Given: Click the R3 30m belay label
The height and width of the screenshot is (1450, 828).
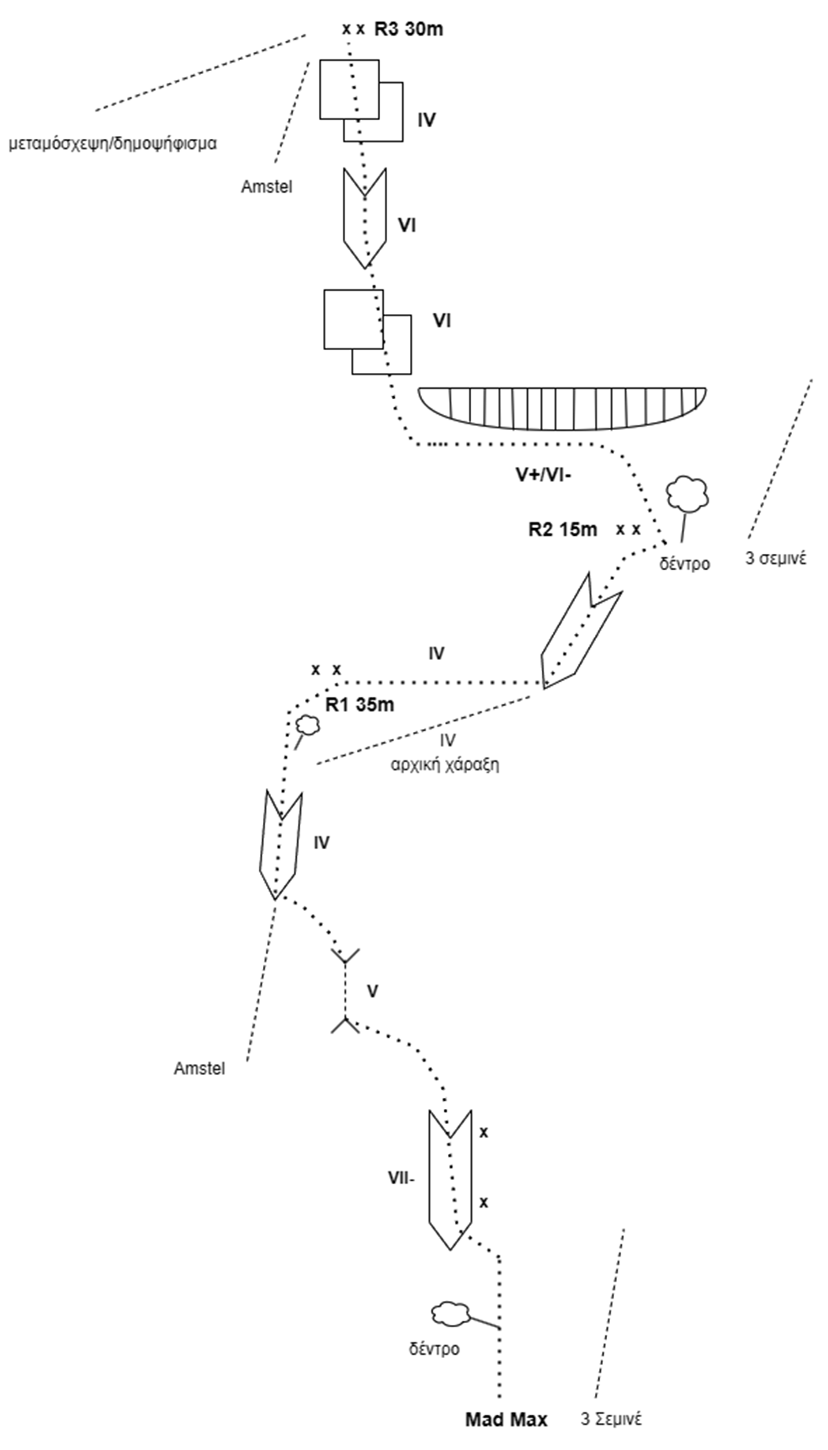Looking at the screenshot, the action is [408, 30].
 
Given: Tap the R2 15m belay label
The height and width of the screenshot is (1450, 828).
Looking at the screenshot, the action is [562, 530].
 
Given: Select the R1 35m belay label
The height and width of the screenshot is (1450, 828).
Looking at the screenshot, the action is [359, 705].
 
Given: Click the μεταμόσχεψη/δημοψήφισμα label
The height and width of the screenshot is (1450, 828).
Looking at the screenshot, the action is [112, 144].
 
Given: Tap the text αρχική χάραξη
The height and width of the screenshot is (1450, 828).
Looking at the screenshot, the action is [445, 765].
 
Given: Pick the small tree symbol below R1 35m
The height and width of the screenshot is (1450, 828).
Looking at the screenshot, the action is [308, 724].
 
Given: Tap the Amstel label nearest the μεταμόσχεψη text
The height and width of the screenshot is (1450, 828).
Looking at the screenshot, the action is [266, 186].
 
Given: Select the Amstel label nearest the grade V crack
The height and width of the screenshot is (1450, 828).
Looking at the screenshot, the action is [199, 1068].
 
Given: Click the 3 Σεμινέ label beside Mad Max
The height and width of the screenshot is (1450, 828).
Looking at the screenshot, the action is [611, 1420].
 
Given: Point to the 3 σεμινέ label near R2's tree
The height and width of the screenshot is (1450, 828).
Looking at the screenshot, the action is [776, 558].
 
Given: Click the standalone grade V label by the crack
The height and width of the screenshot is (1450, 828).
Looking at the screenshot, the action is [373, 992].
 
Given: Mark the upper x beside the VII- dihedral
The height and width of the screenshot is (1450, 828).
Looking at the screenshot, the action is [484, 1133].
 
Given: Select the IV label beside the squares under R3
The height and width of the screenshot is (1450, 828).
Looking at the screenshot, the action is [426, 120].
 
